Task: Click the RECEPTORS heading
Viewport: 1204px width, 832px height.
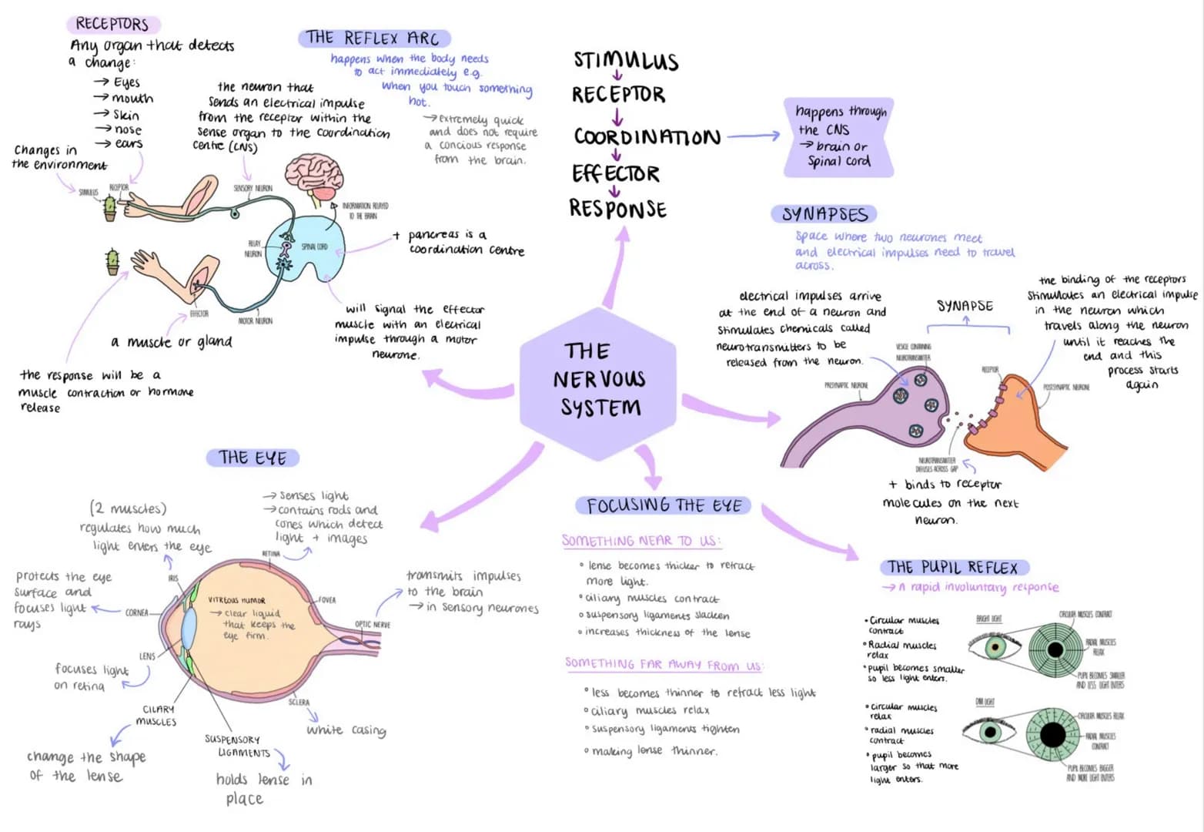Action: tap(112, 24)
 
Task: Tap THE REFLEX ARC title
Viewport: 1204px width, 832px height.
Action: tap(373, 38)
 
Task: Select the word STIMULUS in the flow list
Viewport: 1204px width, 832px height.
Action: tap(626, 60)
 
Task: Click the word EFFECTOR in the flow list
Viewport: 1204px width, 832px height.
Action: tap(615, 173)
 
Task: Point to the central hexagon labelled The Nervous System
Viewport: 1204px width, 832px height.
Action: tap(598, 379)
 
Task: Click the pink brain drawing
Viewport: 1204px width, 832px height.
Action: tap(314, 176)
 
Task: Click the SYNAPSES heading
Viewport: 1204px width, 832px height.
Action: tap(824, 214)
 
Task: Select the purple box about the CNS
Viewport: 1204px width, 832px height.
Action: tap(838, 136)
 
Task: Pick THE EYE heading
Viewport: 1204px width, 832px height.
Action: tap(252, 458)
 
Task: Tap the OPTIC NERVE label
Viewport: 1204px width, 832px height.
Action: tap(372, 624)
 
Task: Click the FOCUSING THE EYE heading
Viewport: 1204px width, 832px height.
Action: tap(664, 505)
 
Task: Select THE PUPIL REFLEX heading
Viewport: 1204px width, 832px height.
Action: tap(952, 568)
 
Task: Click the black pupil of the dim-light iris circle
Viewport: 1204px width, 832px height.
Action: tap(1052, 735)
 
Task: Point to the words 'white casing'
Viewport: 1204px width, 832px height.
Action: tap(346, 730)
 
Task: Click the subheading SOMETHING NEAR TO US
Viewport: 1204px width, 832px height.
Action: tap(640, 541)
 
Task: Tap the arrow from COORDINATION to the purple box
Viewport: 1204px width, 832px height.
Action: tap(753, 136)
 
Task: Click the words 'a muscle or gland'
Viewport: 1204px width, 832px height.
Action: tap(171, 341)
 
